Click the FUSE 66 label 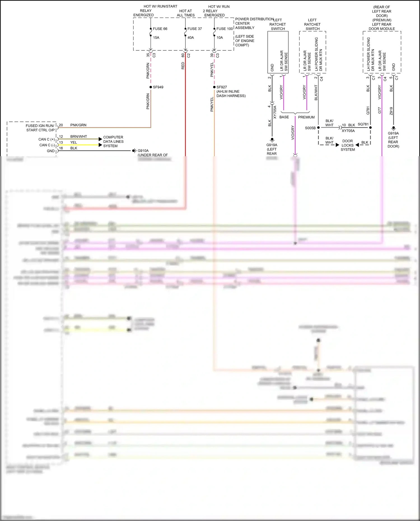[160, 29]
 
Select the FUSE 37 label [195, 29]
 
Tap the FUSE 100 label [225, 29]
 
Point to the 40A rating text [191, 38]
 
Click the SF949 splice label [158, 87]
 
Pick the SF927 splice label [221, 87]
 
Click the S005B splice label [310, 128]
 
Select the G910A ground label [143, 151]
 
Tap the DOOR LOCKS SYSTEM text [347, 145]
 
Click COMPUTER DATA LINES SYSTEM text [113, 141]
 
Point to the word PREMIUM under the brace [306, 117]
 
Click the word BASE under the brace [284, 117]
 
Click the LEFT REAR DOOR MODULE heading [382, 27]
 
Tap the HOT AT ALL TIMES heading [186, 13]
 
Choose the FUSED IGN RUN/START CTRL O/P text [40, 128]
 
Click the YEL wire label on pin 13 [74, 142]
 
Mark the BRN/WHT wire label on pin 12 [78, 136]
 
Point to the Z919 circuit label [391, 111]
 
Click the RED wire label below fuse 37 [183, 66]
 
